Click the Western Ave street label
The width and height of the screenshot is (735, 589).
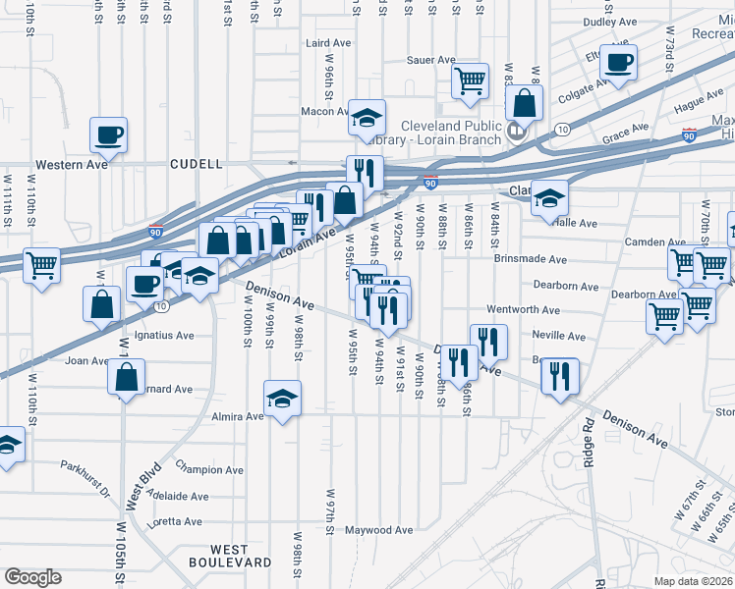coord(72,164)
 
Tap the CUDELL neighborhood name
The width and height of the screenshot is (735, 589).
coord(196,164)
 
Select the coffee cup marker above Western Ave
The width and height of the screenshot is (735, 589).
coord(108,134)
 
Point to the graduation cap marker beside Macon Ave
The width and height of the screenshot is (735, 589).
coord(367,118)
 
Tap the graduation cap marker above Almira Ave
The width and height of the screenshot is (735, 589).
coord(282,399)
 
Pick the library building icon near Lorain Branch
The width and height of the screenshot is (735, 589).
coord(517,129)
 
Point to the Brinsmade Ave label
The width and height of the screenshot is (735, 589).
coord(531,259)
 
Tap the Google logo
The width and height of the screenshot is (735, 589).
coord(32,577)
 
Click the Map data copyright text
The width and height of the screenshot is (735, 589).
coord(694,581)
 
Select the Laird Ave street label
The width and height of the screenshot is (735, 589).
coord(329,43)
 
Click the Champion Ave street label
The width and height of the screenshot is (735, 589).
coord(209,470)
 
